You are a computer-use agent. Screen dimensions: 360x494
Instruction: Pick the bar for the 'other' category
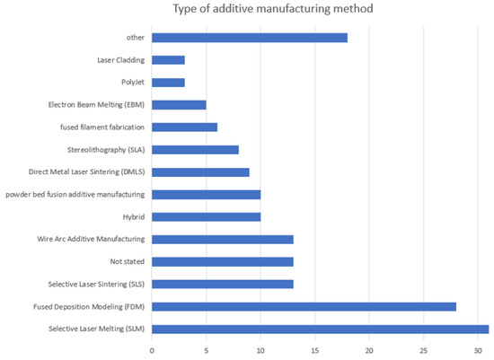[249, 38]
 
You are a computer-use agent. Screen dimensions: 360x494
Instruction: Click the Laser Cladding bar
[168, 60]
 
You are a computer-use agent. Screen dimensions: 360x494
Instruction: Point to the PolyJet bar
[168, 83]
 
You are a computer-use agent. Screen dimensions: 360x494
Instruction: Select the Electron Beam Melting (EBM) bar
[179, 105]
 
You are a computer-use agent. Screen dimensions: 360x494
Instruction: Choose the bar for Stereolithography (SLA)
[195, 149]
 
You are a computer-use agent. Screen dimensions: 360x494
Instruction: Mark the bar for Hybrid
[206, 216]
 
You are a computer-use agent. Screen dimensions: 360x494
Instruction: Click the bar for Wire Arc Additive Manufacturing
[222, 239]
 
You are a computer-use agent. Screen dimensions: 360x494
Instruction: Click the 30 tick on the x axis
[478, 350]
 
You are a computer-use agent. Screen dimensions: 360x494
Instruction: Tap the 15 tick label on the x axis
[314, 350]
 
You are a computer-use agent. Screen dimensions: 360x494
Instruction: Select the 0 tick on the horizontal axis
[152, 350]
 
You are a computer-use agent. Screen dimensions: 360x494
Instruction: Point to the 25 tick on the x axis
[423, 350]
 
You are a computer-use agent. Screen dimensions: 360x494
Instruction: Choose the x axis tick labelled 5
[206, 350]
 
